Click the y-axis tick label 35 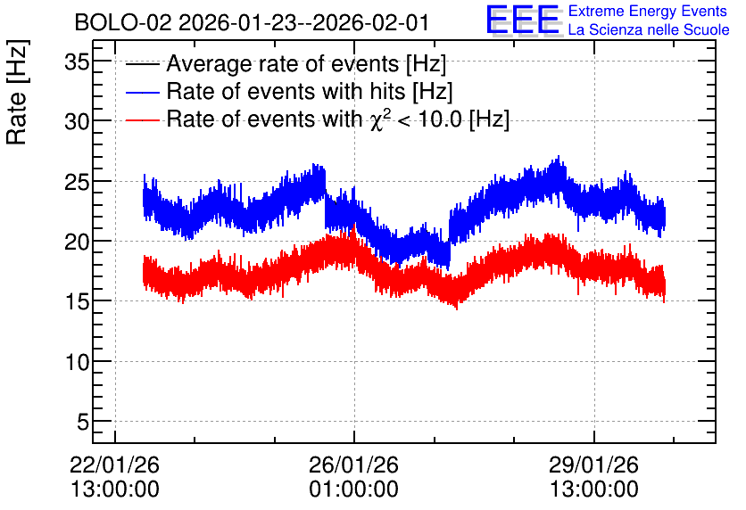pos(77,62)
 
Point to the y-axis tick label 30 pos(77,122)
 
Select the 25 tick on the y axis pos(77,182)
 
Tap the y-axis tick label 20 pos(77,242)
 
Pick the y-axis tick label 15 pos(77,302)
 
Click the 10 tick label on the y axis pos(77,362)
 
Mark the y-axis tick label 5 pos(83,422)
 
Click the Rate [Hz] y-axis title pos(17,92)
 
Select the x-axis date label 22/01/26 pos(114,465)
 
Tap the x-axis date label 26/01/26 pos(354,465)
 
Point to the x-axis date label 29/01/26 pos(593,465)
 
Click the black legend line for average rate pos(142,64)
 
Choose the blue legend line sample pos(142,92)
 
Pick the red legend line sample pos(142,119)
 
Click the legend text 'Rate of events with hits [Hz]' pos(310,91)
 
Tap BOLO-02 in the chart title pos(123,22)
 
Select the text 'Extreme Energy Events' pos(648,11)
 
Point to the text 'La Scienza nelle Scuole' pos(649,29)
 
